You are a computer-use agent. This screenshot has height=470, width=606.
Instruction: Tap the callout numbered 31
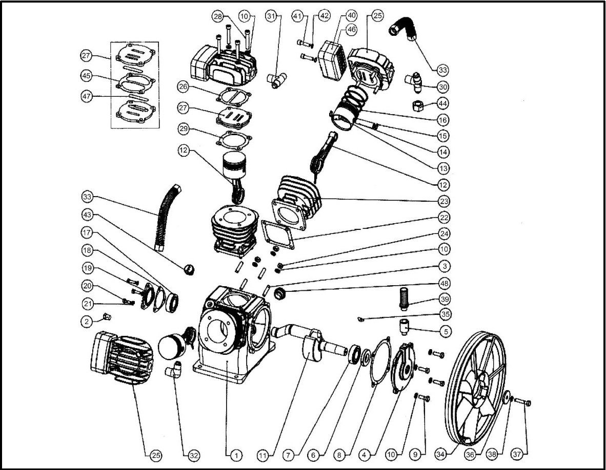pos(271,16)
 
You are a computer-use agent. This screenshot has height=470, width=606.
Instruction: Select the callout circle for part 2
pos(87,321)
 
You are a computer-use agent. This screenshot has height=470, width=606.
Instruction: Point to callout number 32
pos(194,454)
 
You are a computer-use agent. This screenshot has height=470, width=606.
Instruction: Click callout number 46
pos(351,30)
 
